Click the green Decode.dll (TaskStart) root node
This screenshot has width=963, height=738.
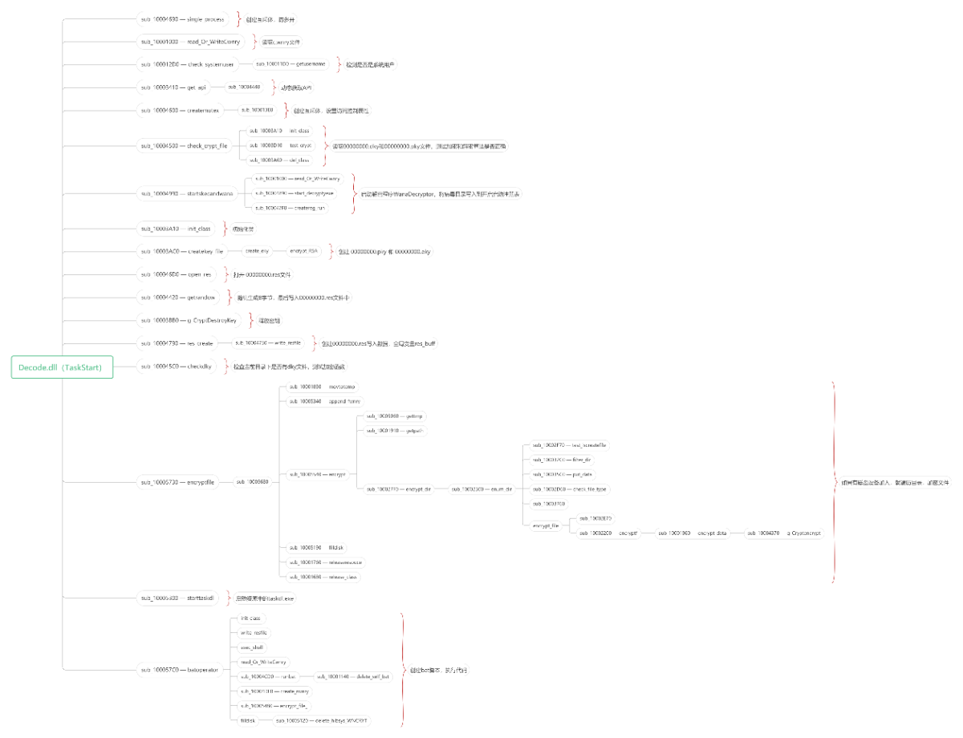tap(62, 367)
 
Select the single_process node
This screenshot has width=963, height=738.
tap(183, 18)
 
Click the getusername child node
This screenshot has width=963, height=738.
tap(291, 64)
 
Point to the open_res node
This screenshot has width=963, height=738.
tap(177, 274)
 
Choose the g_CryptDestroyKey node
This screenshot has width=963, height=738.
tap(189, 320)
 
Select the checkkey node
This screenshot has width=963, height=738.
tap(177, 367)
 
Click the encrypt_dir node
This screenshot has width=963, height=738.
tap(399, 489)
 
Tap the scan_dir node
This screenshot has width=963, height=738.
tap(482, 489)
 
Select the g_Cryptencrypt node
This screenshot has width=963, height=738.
tap(785, 533)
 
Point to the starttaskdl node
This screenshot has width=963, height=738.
tap(181, 598)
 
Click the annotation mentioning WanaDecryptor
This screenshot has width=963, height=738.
tap(440, 193)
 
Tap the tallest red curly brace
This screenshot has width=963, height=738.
tap(834, 481)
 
